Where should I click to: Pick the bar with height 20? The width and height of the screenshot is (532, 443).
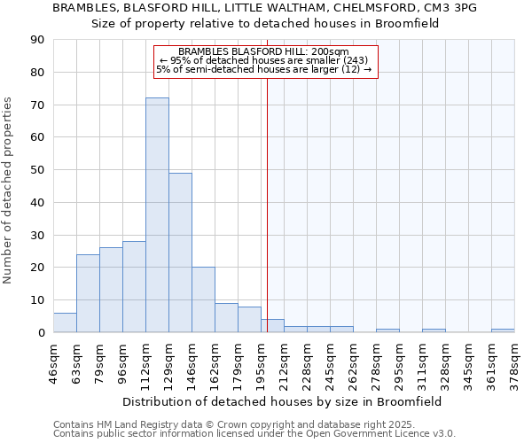203,299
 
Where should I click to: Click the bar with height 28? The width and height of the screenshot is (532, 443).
134,286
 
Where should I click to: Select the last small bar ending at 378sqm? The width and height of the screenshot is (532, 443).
503,330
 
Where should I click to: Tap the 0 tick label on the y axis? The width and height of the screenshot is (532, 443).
41,332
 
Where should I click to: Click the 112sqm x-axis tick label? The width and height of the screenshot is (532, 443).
146,361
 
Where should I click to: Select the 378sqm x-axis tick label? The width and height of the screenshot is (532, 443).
515,361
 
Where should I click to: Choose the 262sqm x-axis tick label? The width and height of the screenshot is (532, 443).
354,361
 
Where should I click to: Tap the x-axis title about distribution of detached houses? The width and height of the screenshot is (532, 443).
283,401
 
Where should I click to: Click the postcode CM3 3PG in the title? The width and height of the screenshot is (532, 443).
453,8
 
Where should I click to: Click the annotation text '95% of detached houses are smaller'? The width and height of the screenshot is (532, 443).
263,60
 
